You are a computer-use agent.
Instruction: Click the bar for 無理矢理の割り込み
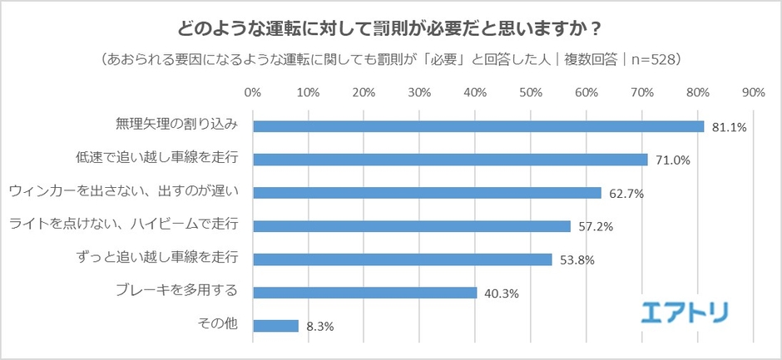click(x=478, y=126)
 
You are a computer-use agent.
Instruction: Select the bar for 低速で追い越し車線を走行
click(x=450, y=160)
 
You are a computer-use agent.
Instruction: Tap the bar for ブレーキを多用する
click(x=364, y=293)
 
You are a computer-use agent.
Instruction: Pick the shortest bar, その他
click(x=275, y=326)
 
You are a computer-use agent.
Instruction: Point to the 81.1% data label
click(x=730, y=127)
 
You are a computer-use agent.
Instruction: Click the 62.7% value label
click(x=626, y=194)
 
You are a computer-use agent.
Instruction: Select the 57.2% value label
click(x=596, y=227)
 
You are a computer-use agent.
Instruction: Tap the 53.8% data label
click(x=577, y=260)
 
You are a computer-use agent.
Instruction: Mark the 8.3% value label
click(x=319, y=327)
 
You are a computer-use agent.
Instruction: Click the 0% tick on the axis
click(x=253, y=91)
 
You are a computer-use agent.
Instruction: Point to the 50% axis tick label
click(x=531, y=91)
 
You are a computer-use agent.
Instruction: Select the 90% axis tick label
click(x=753, y=91)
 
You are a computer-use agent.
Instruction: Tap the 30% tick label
click(x=419, y=91)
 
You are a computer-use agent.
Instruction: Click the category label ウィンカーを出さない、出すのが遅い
click(x=124, y=192)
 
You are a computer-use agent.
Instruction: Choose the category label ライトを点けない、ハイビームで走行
click(x=124, y=225)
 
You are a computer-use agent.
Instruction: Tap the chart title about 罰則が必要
click(x=390, y=28)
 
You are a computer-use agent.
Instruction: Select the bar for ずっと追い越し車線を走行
click(x=402, y=259)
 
